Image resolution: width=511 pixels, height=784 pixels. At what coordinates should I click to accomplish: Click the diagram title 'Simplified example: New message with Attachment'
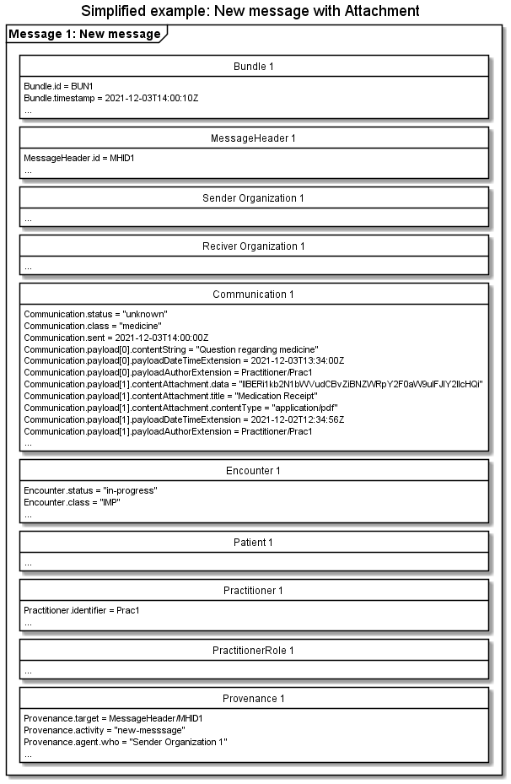coord(250,12)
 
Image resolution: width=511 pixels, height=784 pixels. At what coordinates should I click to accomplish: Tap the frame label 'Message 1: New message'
coord(84,35)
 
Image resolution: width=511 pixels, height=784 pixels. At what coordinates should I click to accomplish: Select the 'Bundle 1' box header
coord(254,66)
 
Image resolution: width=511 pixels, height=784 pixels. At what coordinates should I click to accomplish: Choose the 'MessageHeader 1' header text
coord(254,138)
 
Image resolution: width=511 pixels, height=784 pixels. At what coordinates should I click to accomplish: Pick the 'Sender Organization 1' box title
coord(254,198)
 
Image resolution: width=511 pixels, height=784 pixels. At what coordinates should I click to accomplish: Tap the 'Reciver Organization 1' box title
coord(254,246)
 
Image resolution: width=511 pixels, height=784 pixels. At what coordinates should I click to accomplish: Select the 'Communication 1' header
coord(254,295)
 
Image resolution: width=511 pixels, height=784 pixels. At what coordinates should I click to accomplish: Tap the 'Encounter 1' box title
coord(254,470)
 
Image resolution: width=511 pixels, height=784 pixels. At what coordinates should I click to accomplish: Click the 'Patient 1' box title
coord(254,542)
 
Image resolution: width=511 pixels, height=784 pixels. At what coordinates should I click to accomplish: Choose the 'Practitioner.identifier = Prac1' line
coord(82,610)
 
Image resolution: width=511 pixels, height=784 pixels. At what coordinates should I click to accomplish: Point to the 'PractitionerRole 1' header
coord(254,650)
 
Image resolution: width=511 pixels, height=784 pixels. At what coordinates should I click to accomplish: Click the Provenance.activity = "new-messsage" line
coord(105,730)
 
